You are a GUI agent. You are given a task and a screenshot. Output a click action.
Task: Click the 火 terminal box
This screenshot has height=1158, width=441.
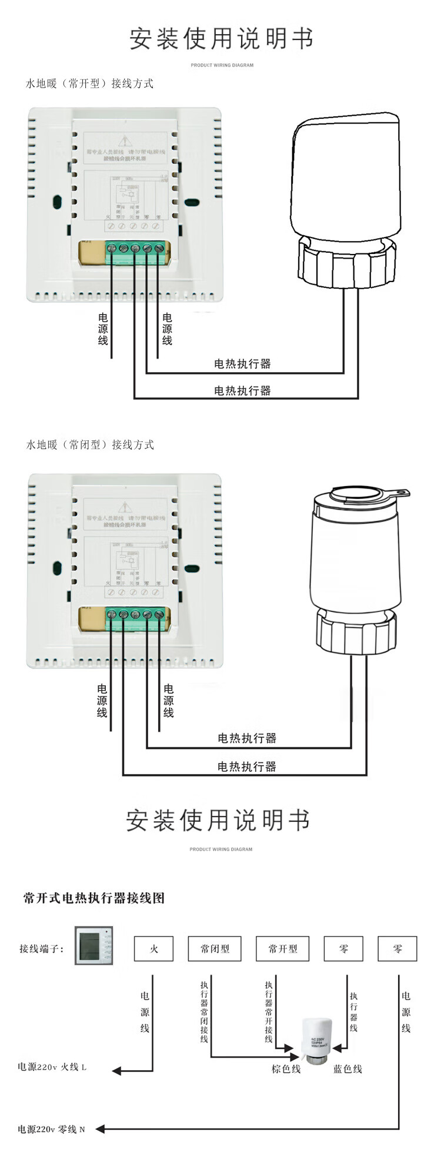(x=153, y=948)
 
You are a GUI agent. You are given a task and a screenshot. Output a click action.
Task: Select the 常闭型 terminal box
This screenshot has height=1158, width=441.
(x=215, y=948)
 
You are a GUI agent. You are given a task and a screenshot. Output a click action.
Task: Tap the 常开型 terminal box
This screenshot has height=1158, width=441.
(x=283, y=948)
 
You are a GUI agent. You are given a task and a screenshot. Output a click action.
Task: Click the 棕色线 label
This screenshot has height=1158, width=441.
(x=286, y=1069)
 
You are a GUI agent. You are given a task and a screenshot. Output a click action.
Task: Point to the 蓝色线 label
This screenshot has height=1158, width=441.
(x=348, y=1069)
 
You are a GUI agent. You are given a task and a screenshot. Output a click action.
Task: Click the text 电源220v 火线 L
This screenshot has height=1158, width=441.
(x=52, y=1066)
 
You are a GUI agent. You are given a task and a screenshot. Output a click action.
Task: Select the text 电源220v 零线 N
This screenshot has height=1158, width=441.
(x=51, y=1129)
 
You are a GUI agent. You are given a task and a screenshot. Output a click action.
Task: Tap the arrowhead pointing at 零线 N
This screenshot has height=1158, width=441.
(x=100, y=1129)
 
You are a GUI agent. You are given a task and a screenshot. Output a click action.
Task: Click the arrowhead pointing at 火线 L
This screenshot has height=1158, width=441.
(x=116, y=1071)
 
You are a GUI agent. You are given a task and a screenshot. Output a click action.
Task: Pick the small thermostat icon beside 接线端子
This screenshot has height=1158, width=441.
(x=93, y=945)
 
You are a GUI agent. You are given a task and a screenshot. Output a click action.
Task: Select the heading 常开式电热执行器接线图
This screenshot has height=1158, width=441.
(x=94, y=898)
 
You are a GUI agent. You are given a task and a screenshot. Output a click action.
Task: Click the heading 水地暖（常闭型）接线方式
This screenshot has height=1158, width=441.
(x=90, y=444)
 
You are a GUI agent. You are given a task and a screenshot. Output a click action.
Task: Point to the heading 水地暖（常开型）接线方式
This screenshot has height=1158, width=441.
(x=89, y=83)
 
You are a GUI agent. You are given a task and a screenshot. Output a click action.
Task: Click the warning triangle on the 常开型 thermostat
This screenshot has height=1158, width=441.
(x=124, y=142)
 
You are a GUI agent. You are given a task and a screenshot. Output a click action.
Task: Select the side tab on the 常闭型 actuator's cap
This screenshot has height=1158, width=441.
(x=401, y=494)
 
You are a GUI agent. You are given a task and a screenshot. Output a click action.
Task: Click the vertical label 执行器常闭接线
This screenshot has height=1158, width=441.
(x=204, y=1011)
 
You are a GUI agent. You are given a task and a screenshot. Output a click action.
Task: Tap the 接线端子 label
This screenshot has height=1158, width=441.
(x=41, y=948)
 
